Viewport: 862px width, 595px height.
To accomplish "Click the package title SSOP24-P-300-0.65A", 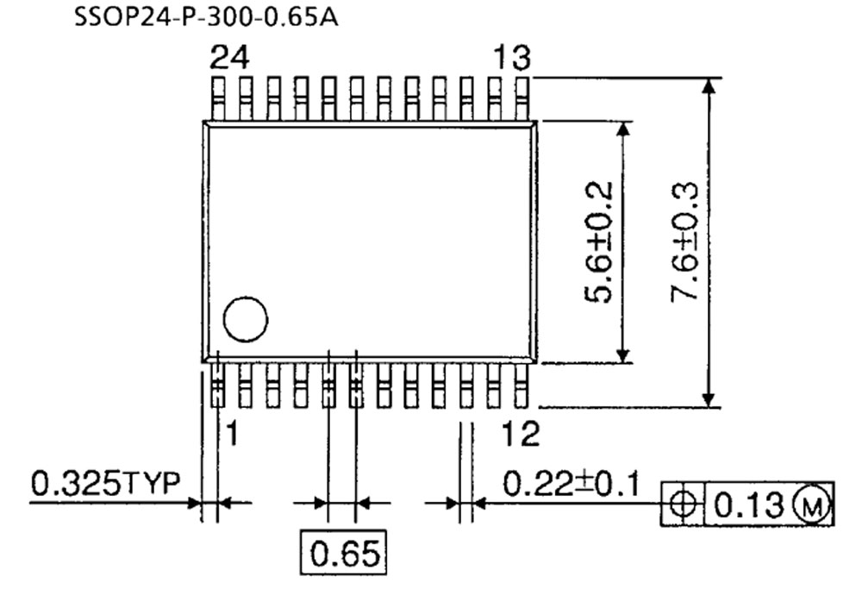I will click(x=206, y=17).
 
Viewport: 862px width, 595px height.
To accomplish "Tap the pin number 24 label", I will click(x=230, y=59).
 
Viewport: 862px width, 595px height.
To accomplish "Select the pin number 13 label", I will click(x=511, y=59).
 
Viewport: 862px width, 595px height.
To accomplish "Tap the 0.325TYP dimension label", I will click(x=105, y=485).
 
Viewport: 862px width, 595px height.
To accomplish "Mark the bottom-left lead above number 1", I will click(x=217, y=385).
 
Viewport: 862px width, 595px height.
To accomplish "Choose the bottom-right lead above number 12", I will click(x=520, y=385).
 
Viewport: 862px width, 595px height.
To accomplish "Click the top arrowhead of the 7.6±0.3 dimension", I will click(x=709, y=87).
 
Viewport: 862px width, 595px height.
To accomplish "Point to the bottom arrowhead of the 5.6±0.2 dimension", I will click(x=625, y=353).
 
